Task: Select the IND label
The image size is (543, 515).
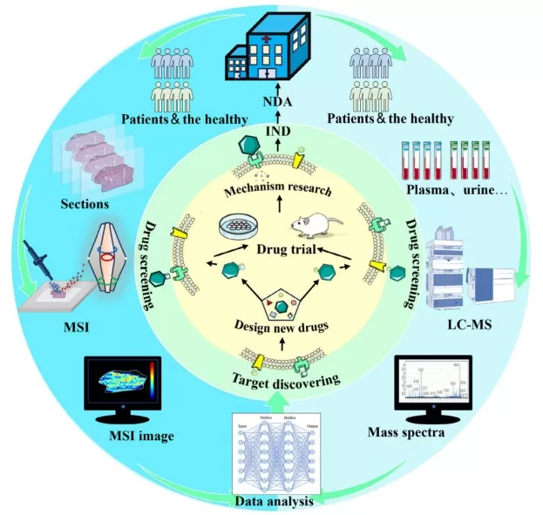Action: point(275,132)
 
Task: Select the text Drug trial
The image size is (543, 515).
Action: point(279,251)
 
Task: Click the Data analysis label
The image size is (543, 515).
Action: point(272,501)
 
